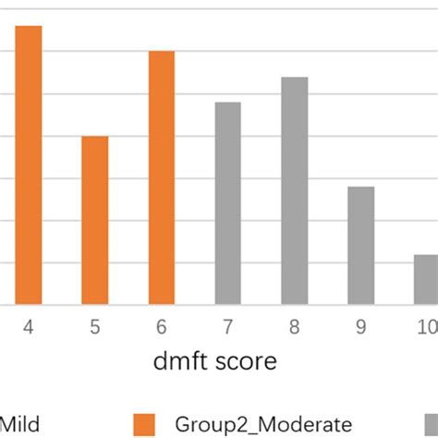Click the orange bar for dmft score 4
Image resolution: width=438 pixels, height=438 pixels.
[29, 164]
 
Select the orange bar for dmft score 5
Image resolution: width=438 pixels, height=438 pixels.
[95, 220]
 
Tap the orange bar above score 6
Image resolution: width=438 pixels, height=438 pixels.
[162, 177]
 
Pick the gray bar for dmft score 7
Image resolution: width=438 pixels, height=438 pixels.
[228, 202]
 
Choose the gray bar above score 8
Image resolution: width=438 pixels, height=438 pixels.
[295, 190]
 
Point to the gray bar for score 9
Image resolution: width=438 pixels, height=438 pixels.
[361, 245]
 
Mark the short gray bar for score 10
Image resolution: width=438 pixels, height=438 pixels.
[426, 279]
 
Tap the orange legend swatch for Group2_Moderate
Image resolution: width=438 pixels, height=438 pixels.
[144, 424]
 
